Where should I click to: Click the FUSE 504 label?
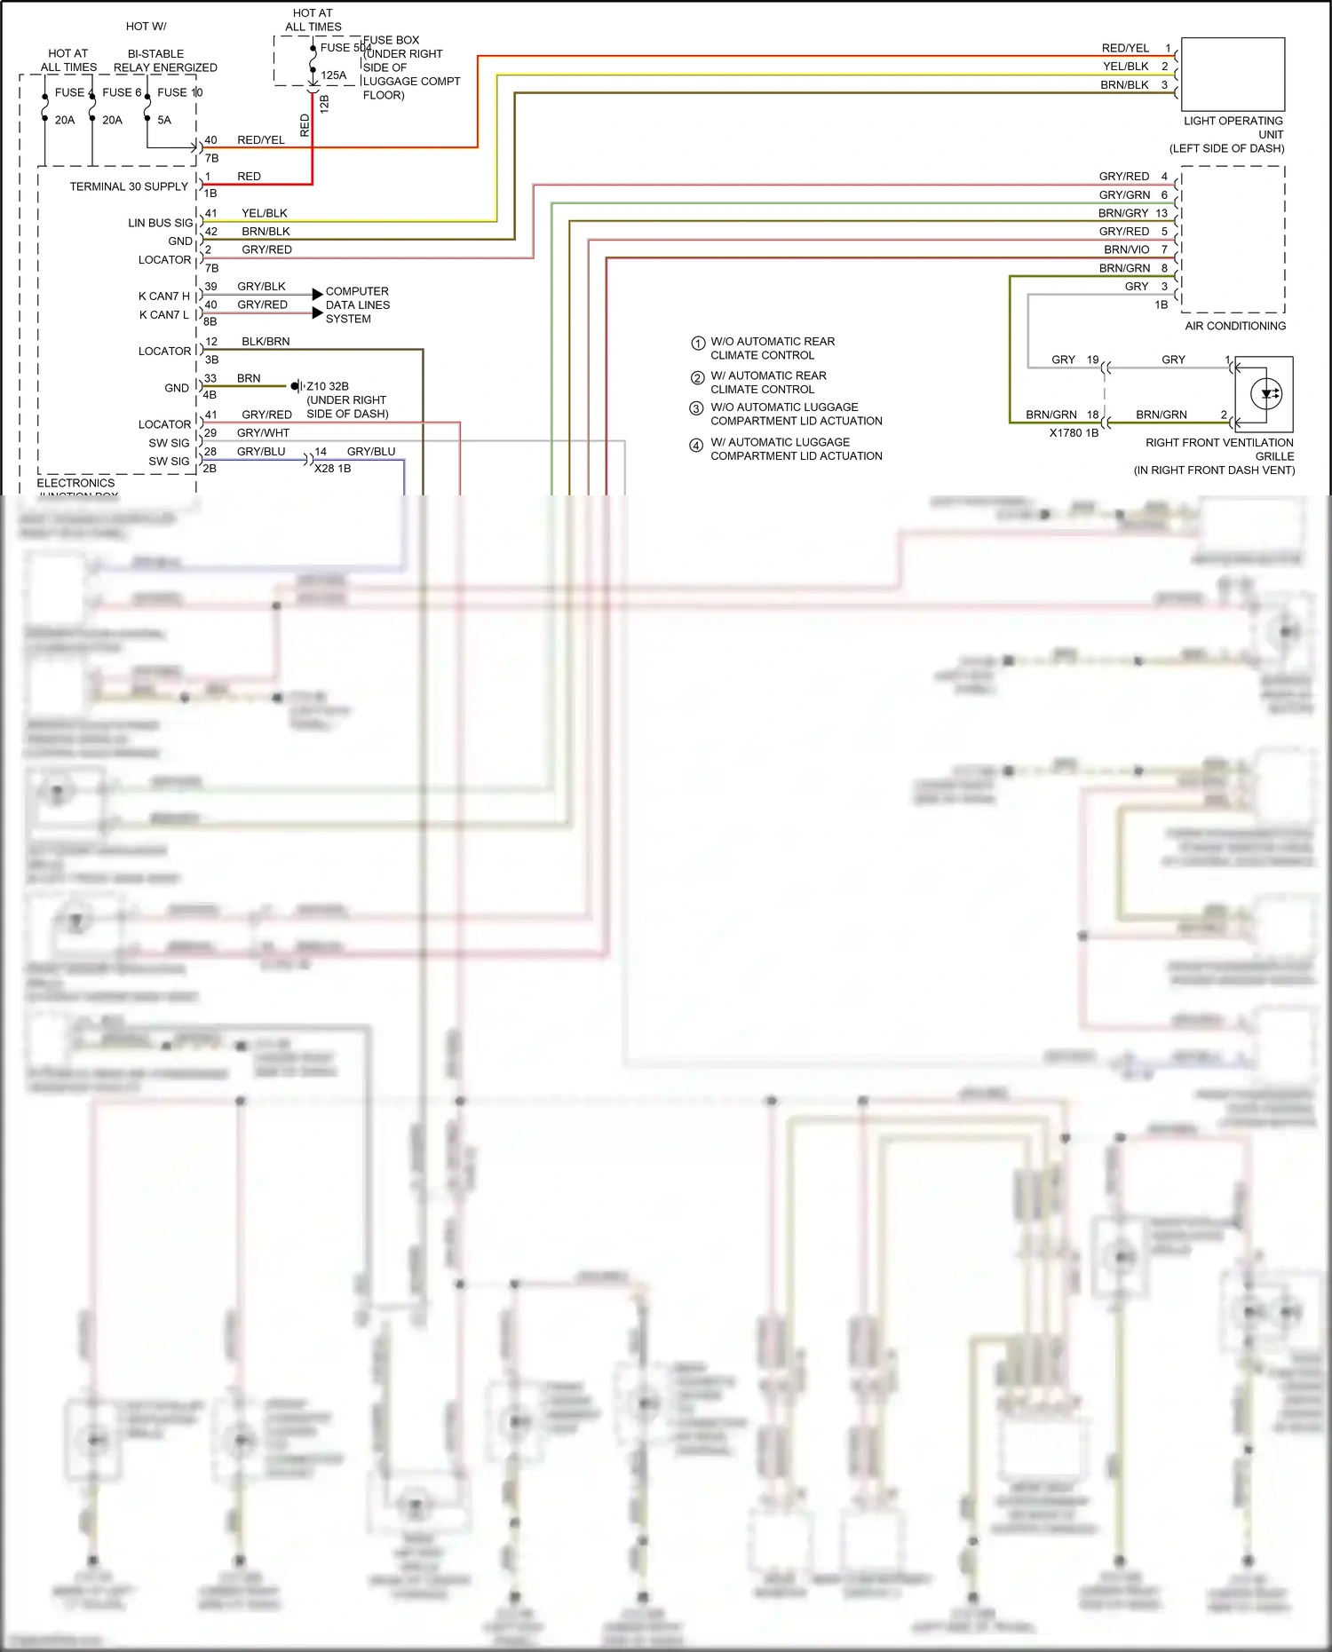click(x=345, y=48)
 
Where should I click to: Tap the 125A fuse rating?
click(x=334, y=75)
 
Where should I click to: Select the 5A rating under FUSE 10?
click(x=164, y=120)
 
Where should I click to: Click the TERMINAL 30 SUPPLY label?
click(x=129, y=186)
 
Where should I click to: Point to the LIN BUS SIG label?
click(x=160, y=223)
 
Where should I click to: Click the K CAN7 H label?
click(x=163, y=296)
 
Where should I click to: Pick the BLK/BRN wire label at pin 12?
click(x=266, y=341)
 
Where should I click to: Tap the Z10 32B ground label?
click(x=328, y=386)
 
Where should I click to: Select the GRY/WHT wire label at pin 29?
click(x=263, y=432)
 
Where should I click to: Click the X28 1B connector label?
click(x=332, y=468)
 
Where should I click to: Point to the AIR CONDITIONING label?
click(x=1234, y=326)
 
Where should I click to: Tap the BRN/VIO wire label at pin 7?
click(x=1126, y=249)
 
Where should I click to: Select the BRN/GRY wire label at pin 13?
click(x=1122, y=213)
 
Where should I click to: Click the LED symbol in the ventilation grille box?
click(x=1265, y=393)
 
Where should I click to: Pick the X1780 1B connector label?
click(x=1073, y=433)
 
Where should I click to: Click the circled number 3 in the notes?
click(x=696, y=408)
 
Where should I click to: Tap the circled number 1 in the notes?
click(x=698, y=343)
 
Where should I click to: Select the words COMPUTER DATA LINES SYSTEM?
click(x=357, y=304)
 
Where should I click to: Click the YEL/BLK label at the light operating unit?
click(x=1125, y=66)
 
